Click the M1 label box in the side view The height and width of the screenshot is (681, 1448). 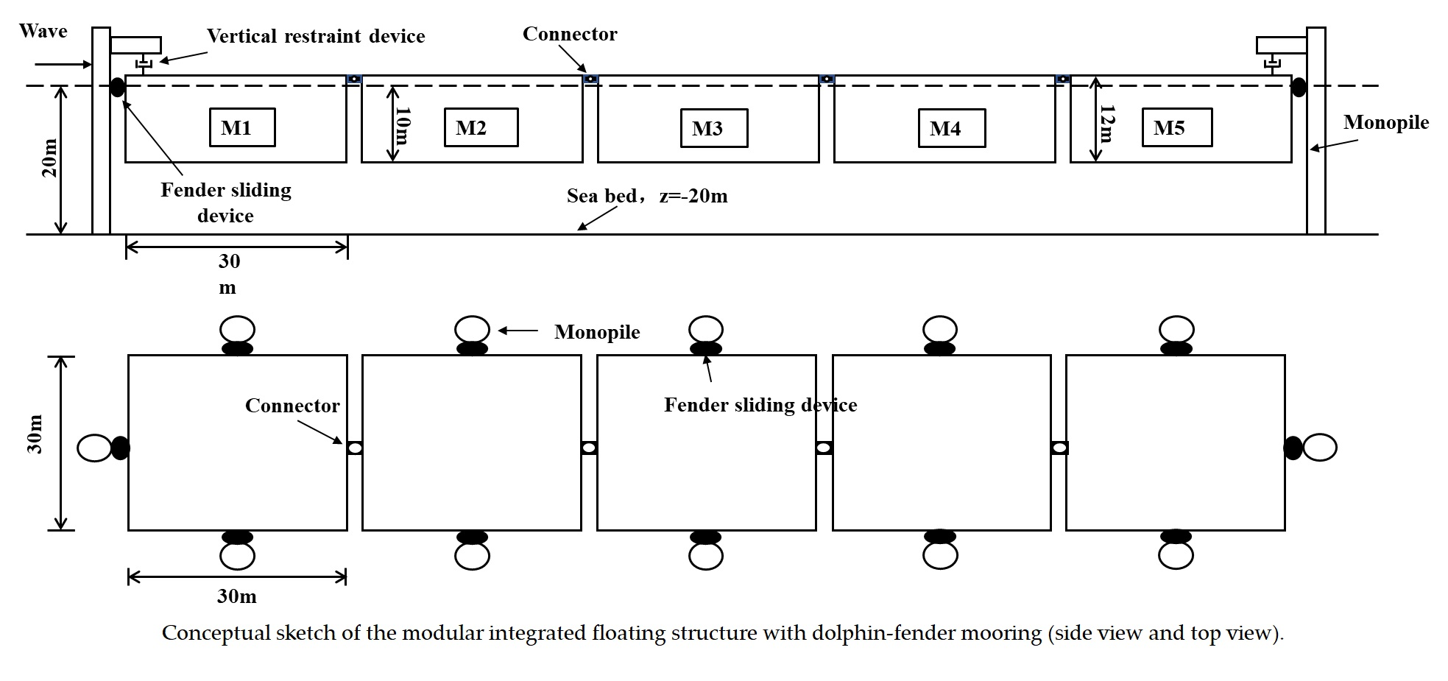242,128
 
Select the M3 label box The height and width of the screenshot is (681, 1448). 714,129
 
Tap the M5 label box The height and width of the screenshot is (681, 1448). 1176,128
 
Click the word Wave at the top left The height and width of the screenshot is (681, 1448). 43,31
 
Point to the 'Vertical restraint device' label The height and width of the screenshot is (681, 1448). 316,36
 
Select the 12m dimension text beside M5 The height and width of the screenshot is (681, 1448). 1106,124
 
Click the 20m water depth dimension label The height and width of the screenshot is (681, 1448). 49,158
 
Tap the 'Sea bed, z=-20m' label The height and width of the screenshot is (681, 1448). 646,196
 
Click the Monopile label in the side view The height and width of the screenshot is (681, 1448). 1385,122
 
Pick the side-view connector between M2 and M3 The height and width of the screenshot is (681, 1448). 590,79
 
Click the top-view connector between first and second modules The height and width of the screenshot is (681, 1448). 354,448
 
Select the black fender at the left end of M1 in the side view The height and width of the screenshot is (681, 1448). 117,87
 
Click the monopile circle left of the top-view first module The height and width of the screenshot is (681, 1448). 94,448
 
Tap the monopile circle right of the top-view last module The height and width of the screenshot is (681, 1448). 1320,448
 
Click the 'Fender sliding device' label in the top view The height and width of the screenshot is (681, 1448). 760,405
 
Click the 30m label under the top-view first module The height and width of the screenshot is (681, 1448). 236,596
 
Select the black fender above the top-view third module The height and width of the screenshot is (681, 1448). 705,348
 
